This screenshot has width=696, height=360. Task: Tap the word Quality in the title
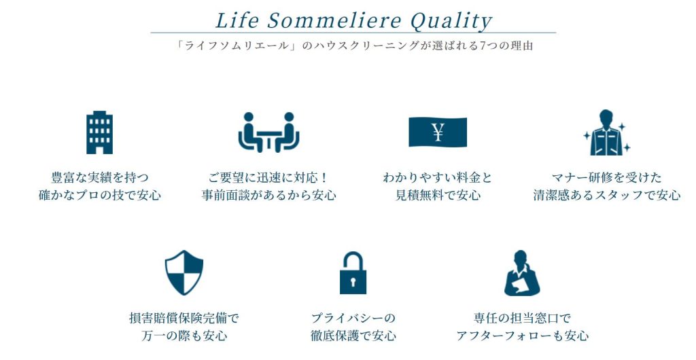451,22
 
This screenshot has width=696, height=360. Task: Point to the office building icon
99,132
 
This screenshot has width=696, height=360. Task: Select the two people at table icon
268,132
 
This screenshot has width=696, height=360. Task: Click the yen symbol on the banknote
438,132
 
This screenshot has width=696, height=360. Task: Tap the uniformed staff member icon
606,132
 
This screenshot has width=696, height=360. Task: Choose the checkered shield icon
184,272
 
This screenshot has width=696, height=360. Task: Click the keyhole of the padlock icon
353,281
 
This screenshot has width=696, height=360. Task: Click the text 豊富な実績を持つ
99,178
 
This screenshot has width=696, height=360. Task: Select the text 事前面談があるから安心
268,195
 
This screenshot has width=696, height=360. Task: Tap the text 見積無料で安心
438,195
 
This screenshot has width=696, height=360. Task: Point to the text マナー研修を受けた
606,178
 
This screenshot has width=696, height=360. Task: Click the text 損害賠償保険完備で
184,318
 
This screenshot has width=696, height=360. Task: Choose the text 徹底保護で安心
353,336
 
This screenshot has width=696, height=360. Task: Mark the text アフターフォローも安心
522,336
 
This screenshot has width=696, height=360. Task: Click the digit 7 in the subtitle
483,46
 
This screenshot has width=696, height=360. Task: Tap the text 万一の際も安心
184,336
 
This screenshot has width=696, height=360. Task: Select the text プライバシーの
353,318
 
